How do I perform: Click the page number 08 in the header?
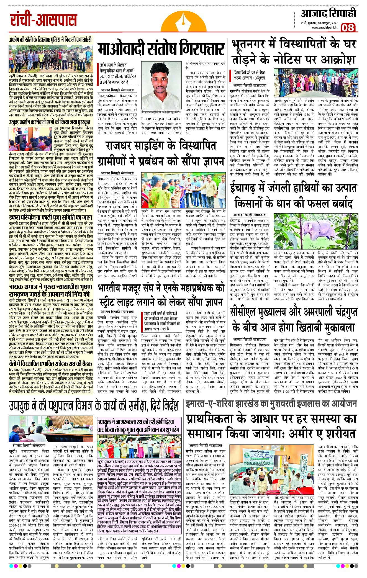(x=348, y=28)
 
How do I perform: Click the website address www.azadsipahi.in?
(x=324, y=27)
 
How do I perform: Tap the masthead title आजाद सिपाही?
(x=328, y=14)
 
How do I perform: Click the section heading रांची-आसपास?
(x=43, y=20)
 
